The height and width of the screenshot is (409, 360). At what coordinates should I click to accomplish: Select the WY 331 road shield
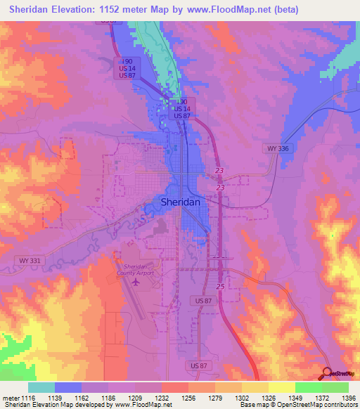(25, 260)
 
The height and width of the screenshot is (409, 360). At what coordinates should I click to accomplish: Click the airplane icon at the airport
(135, 283)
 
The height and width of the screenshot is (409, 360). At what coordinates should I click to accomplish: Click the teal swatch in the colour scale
(41, 387)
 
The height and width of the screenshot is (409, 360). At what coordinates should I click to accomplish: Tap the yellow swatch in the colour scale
(282, 387)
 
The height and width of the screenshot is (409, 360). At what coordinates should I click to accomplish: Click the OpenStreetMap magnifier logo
(327, 372)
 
